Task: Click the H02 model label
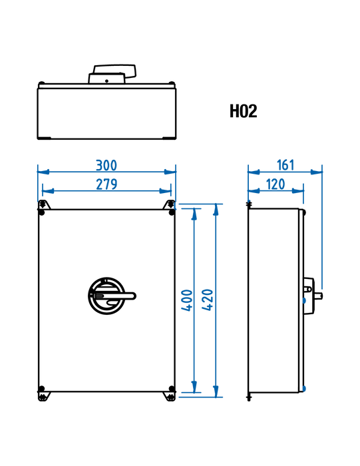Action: tap(244, 111)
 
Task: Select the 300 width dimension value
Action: tap(106, 165)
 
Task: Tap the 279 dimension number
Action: tap(106, 184)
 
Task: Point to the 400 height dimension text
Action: tap(187, 300)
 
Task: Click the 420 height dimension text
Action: tap(208, 300)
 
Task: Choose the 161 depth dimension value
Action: tap(285, 165)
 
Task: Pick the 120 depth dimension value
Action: tap(275, 184)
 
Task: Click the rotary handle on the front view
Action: tap(111, 296)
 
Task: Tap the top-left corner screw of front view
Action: tap(41, 212)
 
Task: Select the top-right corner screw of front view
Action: tap(172, 212)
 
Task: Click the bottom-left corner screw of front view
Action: tap(41, 388)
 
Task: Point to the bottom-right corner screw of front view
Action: tap(172, 388)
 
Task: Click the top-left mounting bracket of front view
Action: tap(44, 204)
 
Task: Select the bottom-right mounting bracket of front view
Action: tap(169, 397)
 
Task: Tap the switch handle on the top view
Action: tap(112, 74)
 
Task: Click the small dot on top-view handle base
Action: tap(106, 81)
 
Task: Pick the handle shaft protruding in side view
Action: tap(318, 296)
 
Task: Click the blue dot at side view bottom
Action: tap(304, 388)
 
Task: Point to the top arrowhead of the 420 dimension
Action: tap(216, 210)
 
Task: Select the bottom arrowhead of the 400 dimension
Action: tap(194, 387)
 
